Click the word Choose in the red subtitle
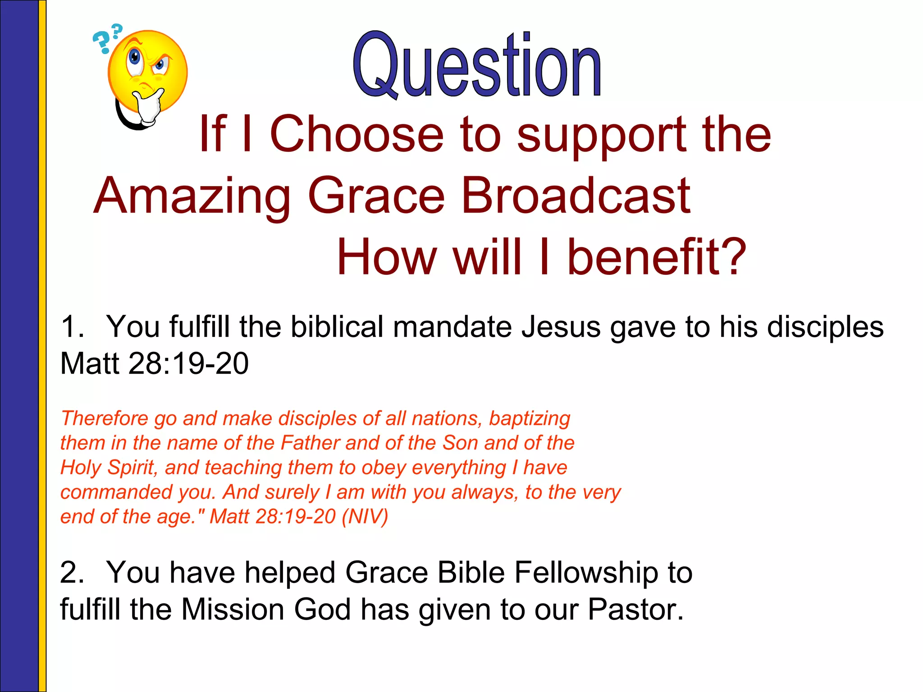click(356, 134)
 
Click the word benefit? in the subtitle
click(656, 257)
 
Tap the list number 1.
click(72, 327)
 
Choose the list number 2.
click(72, 573)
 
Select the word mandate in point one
click(452, 327)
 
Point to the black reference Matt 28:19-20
click(154, 364)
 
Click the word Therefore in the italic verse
click(104, 419)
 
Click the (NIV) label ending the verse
click(365, 516)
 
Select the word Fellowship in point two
click(586, 573)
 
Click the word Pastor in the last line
click(635, 610)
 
